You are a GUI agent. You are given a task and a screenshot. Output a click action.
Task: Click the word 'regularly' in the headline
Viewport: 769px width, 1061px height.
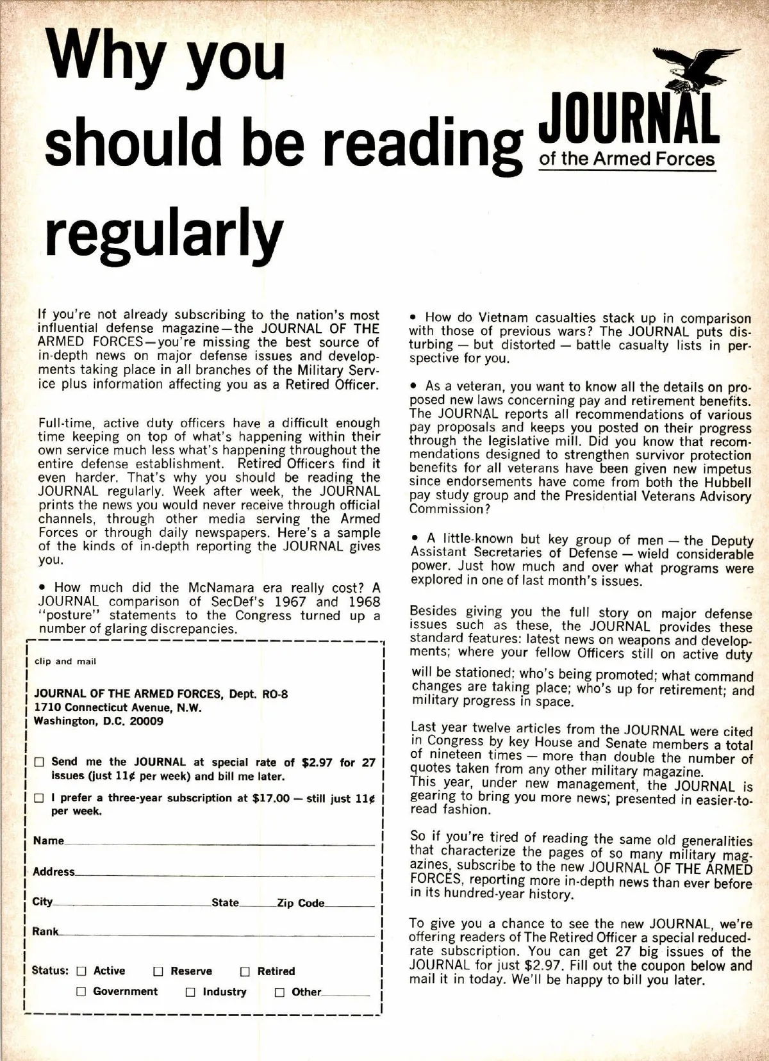click(x=163, y=233)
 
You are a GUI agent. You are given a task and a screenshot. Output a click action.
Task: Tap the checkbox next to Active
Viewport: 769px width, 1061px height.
click(x=81, y=971)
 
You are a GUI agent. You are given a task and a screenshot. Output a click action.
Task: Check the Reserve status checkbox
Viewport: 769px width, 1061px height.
click(x=158, y=971)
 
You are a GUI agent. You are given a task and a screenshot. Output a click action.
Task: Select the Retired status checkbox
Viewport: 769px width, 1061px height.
click(x=245, y=971)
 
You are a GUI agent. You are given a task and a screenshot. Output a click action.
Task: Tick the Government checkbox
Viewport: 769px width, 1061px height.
click(x=81, y=992)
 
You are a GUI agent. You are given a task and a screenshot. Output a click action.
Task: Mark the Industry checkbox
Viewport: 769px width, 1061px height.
click(x=190, y=992)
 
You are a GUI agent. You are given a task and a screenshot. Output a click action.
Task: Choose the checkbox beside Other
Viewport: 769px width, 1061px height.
click(x=279, y=992)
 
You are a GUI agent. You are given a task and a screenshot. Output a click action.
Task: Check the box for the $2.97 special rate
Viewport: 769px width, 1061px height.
click(x=40, y=762)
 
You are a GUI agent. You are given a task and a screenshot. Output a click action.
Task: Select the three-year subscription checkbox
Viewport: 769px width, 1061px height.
click(x=40, y=798)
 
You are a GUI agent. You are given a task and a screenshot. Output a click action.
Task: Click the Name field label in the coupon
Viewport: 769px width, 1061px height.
click(x=49, y=841)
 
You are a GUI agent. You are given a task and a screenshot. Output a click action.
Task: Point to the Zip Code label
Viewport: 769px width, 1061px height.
click(x=301, y=903)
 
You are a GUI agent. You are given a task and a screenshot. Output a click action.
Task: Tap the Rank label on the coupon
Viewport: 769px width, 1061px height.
click(x=45, y=932)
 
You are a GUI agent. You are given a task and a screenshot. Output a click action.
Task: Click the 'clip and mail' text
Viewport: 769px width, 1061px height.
click(x=65, y=661)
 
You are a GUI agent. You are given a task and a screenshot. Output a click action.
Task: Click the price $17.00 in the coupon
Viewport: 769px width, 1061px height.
click(x=271, y=798)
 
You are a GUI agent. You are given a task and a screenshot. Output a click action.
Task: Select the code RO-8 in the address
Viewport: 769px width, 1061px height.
click(x=275, y=694)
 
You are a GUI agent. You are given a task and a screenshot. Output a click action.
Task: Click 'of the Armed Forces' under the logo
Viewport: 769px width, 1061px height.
click(x=627, y=159)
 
